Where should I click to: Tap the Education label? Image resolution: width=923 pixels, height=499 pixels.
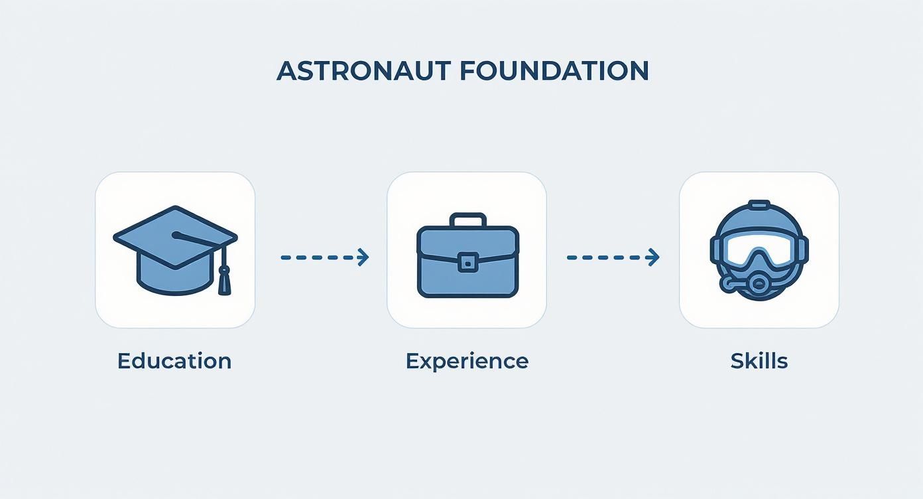(174, 361)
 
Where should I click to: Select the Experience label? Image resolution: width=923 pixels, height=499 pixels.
(467, 361)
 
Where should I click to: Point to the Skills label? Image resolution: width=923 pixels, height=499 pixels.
(759, 361)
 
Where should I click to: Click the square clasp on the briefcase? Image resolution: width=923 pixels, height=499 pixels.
(467, 262)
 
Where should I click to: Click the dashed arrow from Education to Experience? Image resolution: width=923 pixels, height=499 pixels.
(324, 257)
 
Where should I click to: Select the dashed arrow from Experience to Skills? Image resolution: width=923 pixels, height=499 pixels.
(612, 257)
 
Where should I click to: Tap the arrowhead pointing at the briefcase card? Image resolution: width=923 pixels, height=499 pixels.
(363, 257)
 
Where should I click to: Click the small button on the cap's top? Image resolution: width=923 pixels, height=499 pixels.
(176, 235)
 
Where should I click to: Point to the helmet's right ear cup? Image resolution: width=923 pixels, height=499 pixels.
(803, 251)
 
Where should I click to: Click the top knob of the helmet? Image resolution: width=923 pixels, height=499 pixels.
(759, 204)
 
